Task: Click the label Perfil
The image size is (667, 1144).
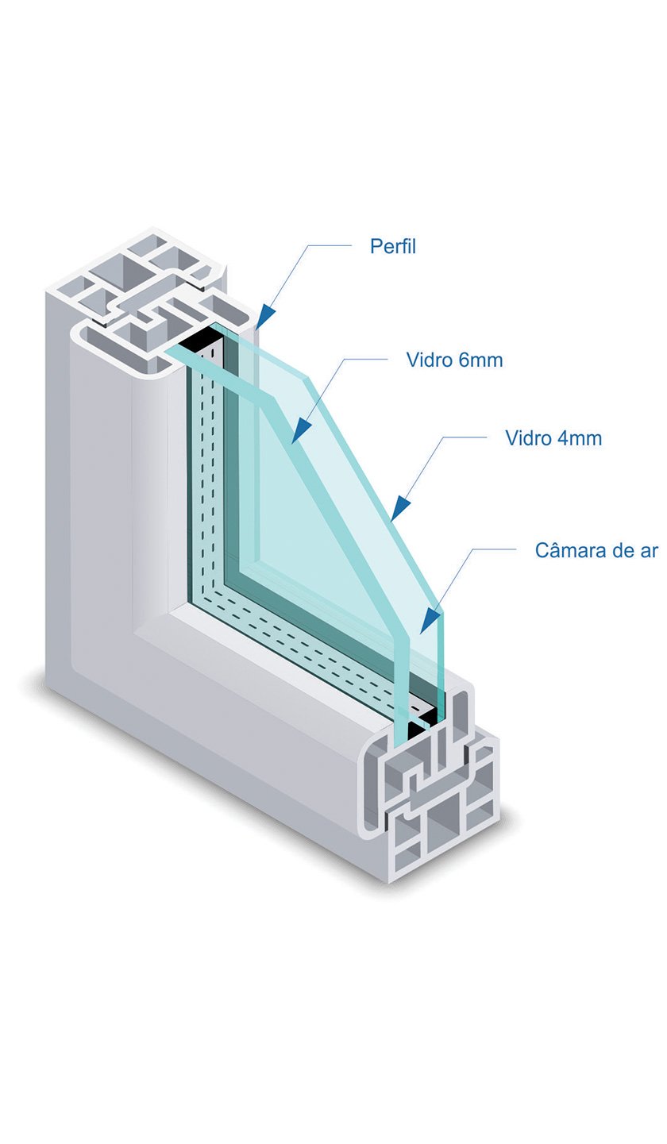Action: click(392, 246)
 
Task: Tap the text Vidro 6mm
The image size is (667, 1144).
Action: click(454, 360)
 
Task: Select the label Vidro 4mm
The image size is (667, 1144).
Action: click(553, 437)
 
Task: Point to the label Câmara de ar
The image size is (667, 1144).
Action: click(596, 550)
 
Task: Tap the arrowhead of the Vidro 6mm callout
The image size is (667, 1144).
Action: click(299, 433)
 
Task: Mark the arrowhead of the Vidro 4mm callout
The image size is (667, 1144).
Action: click(400, 508)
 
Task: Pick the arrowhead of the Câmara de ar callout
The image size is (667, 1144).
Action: click(430, 621)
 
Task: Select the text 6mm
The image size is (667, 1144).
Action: click(480, 360)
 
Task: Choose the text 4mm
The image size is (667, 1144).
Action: click(580, 437)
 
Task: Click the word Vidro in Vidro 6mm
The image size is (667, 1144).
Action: click(430, 360)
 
